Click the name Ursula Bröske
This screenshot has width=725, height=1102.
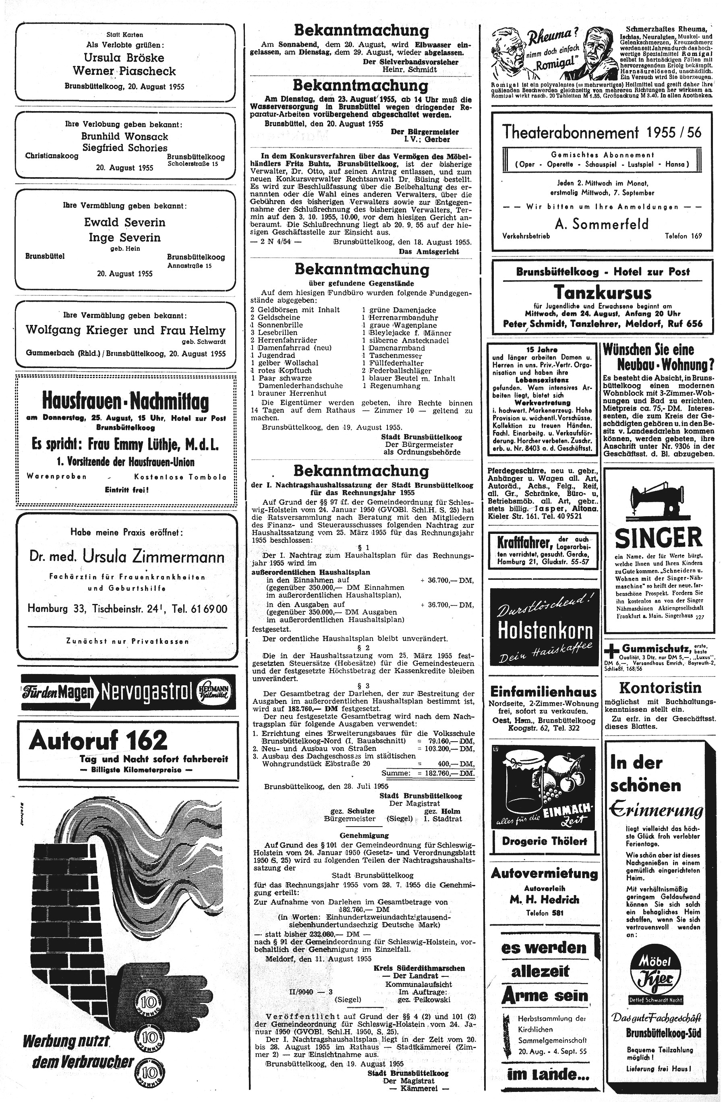pyautogui.click(x=124, y=58)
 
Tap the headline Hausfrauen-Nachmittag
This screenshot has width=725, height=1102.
pyautogui.click(x=125, y=401)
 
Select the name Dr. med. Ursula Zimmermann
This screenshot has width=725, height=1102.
pyautogui.click(x=126, y=556)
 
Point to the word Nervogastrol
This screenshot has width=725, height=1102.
pyautogui.click(x=145, y=693)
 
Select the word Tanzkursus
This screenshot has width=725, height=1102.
pyautogui.click(x=602, y=293)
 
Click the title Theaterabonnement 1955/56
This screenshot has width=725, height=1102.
pyautogui.click(x=602, y=133)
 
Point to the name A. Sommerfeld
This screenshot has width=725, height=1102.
pyautogui.click(x=602, y=224)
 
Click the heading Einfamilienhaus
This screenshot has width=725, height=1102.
pyautogui.click(x=543, y=692)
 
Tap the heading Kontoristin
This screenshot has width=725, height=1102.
pyautogui.click(x=660, y=687)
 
